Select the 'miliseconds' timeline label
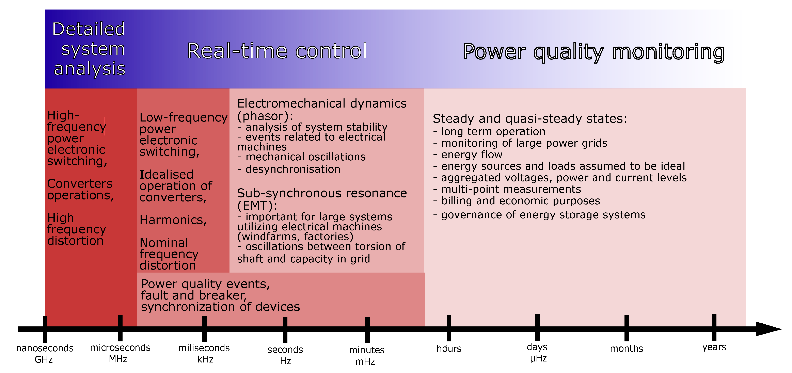[x=204, y=348]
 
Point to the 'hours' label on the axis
[x=449, y=348]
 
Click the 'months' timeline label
[x=626, y=348]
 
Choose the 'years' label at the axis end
[x=714, y=347]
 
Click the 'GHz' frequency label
[x=44, y=359]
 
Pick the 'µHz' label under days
[x=538, y=359]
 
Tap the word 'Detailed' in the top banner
[x=89, y=29]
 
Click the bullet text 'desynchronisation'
[x=293, y=169]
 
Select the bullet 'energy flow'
[x=472, y=155]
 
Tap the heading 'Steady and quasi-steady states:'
[x=530, y=119]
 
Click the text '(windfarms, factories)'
[x=295, y=237]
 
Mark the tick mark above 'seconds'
[x=285, y=329]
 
